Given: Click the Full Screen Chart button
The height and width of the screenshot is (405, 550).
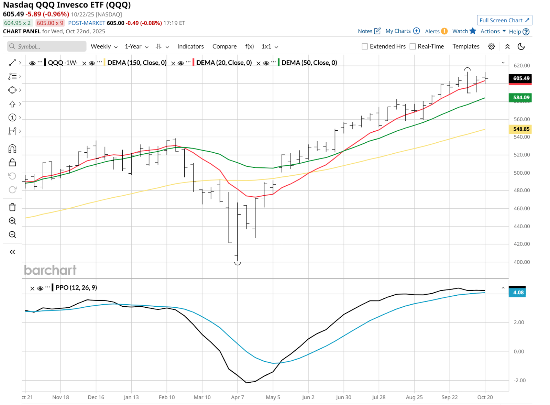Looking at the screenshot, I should click(x=504, y=20).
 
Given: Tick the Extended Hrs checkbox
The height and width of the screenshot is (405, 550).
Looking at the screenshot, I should click(x=365, y=46).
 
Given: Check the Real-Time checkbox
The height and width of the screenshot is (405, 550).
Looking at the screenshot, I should click(x=412, y=46).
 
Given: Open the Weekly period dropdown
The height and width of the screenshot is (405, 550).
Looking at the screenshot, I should click(x=104, y=46).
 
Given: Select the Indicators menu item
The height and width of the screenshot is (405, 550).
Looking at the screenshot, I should click(x=190, y=46).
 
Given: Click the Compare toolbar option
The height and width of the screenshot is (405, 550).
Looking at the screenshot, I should click(x=224, y=46).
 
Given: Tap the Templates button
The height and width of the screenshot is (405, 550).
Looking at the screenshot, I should click(x=466, y=46).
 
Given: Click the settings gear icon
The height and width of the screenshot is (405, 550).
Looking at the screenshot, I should click(x=492, y=46).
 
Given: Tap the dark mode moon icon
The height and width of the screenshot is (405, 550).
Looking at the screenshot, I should click(x=521, y=46).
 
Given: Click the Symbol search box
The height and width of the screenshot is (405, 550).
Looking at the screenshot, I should click(x=47, y=46).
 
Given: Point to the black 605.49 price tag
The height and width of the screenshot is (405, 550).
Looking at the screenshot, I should click(x=521, y=78).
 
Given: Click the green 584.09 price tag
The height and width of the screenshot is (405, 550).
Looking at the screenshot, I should click(x=521, y=98).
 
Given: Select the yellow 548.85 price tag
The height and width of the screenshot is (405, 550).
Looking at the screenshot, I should click(x=521, y=129).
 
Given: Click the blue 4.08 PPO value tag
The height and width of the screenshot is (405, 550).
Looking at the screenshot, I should click(x=518, y=293).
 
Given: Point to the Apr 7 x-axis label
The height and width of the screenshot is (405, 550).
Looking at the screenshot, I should click(x=238, y=397).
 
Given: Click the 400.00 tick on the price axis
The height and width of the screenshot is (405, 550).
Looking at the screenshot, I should click(x=521, y=262).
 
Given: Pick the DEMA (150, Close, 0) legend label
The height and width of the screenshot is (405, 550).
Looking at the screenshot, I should click(x=137, y=63).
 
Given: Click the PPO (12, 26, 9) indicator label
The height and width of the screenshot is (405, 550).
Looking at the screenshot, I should click(x=76, y=287).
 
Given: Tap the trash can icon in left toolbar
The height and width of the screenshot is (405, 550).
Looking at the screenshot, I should click(x=12, y=207).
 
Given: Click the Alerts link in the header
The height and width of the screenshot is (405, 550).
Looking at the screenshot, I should click(x=432, y=31).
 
